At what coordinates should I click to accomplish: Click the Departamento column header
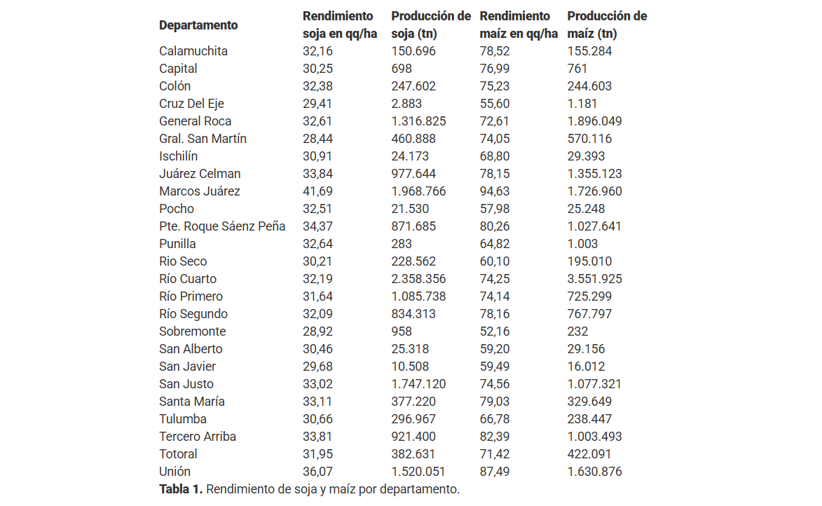tap(198, 25)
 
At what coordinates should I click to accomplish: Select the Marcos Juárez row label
tap(200, 191)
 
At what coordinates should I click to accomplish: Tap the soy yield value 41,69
tap(317, 191)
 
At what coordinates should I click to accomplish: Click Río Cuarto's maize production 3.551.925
tap(594, 279)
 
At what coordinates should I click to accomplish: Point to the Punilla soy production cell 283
tap(402, 244)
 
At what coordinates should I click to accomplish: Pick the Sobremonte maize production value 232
tap(577, 331)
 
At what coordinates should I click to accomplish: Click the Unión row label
tap(174, 472)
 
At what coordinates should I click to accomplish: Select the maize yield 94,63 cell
tap(495, 191)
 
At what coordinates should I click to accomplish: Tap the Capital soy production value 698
tap(402, 69)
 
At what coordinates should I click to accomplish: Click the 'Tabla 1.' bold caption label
tap(181, 489)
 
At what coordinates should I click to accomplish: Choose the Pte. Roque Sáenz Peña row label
tap(222, 226)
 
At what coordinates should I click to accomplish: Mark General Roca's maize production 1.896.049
tap(594, 121)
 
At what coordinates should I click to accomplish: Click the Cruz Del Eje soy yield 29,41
tap(317, 104)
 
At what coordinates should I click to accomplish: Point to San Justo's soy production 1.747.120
tap(418, 384)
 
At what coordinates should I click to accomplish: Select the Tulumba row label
tap(183, 419)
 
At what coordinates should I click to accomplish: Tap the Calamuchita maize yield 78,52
tap(495, 51)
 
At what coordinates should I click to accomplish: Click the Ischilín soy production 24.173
tap(410, 156)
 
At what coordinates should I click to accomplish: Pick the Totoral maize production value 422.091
tap(589, 454)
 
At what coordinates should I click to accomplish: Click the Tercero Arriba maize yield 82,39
tap(495, 437)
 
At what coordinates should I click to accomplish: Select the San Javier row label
tap(188, 367)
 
